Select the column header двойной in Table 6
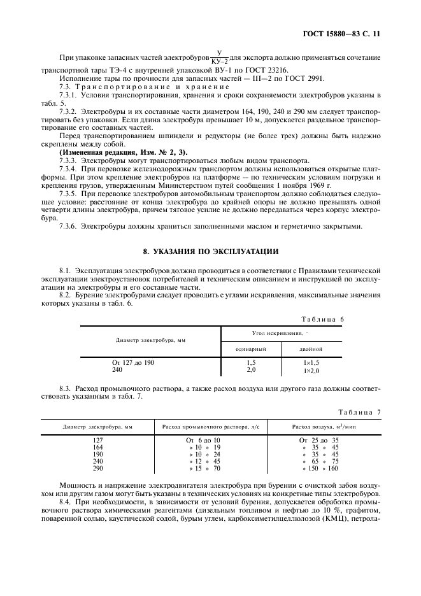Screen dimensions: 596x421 click(x=310, y=350)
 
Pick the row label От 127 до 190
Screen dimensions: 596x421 click(x=132, y=362)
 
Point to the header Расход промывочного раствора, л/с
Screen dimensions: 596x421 click(x=206, y=427)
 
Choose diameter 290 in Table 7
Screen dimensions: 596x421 click(x=97, y=469)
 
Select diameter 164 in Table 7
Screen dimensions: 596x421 click(x=97, y=447)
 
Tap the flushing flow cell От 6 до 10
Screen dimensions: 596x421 click(x=203, y=440)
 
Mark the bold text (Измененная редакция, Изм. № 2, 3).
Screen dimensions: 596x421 click(x=123, y=153)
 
